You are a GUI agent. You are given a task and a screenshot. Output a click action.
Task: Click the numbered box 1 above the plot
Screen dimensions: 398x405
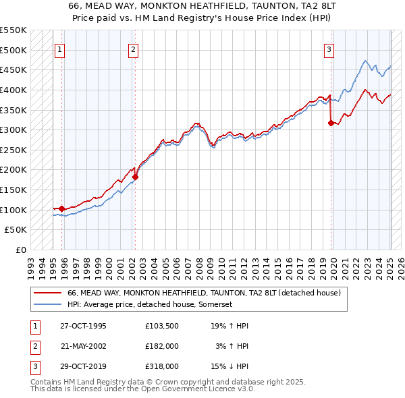click(x=59, y=49)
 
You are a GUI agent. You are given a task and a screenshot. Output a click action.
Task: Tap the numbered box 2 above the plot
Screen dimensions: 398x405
click(x=134, y=49)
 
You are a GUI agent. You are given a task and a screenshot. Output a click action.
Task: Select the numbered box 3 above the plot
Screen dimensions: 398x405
click(x=329, y=49)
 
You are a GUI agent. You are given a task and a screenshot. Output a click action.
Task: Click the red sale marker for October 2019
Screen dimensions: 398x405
click(x=331, y=123)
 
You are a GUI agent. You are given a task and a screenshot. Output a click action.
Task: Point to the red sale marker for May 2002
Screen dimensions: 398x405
click(x=135, y=177)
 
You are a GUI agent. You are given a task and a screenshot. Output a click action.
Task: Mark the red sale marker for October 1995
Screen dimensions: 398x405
click(x=61, y=208)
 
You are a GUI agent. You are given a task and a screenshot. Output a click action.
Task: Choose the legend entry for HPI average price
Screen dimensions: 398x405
click(x=149, y=305)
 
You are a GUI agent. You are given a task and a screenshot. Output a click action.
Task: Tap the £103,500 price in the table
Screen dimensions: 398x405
click(x=161, y=326)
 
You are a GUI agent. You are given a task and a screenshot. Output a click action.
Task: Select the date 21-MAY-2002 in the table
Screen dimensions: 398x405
click(x=83, y=346)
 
